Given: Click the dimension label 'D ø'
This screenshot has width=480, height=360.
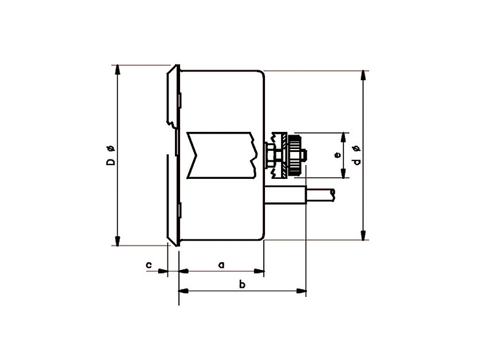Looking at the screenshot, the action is pos(111,156).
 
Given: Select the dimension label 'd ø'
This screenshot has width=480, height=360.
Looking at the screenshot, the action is pos(357,155).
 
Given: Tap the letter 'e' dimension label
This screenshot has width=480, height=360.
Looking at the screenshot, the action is pos(338,155).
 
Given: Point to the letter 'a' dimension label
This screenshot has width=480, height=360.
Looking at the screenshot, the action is pos(221,264).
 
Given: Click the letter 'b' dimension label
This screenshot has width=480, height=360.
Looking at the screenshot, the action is pos(242,284).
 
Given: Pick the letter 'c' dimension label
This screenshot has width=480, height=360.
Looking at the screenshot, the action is pos(149,264).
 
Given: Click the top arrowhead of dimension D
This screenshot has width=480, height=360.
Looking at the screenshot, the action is pos(118,70).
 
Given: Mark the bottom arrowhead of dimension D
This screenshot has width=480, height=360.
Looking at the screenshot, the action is pos(118,241).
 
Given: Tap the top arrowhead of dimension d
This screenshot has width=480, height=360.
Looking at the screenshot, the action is pos(363,75).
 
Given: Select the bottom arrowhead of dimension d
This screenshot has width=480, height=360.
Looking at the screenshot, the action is pos(363,236).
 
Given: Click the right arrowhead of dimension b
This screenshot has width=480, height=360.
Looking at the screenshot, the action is pos(301,291).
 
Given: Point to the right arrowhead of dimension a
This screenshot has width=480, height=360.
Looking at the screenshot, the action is pos(259,271).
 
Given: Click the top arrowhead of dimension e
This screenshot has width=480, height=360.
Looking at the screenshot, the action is pos(344,137).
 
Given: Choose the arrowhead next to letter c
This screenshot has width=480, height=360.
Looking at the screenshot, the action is pos(163,271).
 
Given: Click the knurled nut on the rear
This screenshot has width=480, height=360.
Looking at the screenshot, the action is pos(295,155).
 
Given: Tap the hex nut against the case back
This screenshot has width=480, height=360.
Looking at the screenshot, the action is pos(270,155).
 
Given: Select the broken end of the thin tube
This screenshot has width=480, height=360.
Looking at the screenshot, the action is pos(333,195).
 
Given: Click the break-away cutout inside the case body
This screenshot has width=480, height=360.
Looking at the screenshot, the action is pos(221,155).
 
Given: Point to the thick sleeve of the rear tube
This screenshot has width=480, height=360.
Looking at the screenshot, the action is pos(286,195).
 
